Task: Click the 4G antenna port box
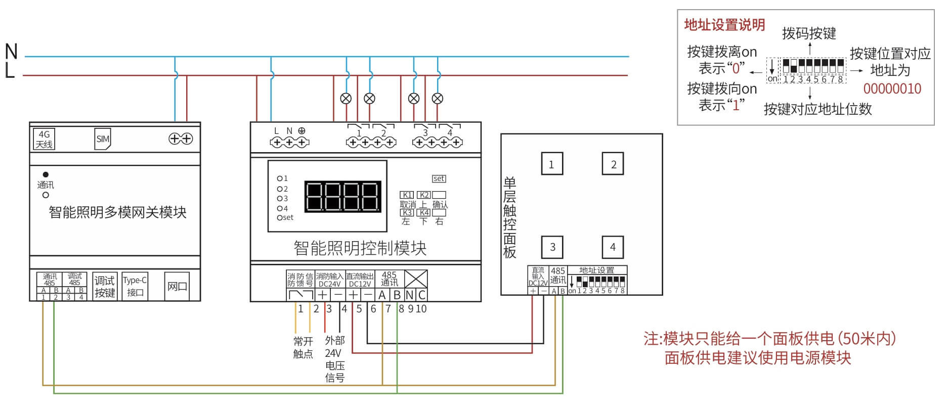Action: pos(44,139)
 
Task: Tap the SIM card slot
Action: pos(103,139)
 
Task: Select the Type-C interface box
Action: pos(135,286)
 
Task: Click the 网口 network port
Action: pos(177,287)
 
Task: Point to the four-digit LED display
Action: pos(342,196)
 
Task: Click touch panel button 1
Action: pos(551,164)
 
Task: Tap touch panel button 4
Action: pos(613,247)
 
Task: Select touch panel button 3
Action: pos(552,247)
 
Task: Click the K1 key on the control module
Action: pos(407,195)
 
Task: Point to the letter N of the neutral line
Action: pos(11,52)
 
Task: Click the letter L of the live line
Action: pos(10,71)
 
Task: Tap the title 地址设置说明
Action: pos(724,25)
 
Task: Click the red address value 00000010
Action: pos(892,89)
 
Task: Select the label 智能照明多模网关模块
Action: pos(117,212)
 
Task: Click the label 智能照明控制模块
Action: pos(360,248)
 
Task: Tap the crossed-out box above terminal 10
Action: pos(416,279)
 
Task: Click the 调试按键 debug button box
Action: pos(105,287)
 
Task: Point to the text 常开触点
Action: pos(303,347)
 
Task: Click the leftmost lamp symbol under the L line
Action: pos(346,99)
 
